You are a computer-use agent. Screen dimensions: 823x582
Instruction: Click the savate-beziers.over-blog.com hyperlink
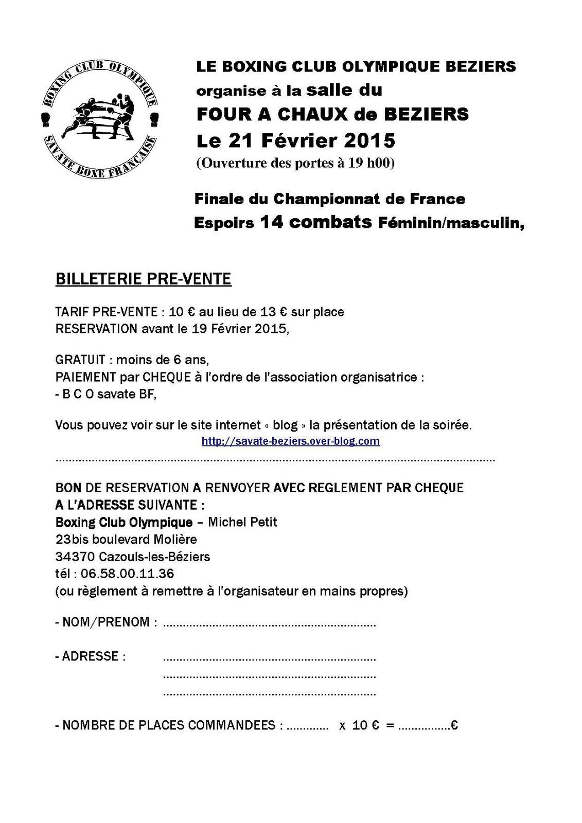coord(291,441)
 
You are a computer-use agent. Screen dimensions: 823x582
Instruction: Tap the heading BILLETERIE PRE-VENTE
coord(143,279)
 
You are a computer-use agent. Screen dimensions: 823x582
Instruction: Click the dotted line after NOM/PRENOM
coord(269,625)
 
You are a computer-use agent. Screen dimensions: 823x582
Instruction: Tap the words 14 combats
coord(315,222)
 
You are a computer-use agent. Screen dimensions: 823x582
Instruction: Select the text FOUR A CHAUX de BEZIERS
coord(332,114)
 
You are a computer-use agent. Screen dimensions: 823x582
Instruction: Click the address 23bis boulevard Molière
coord(126,540)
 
